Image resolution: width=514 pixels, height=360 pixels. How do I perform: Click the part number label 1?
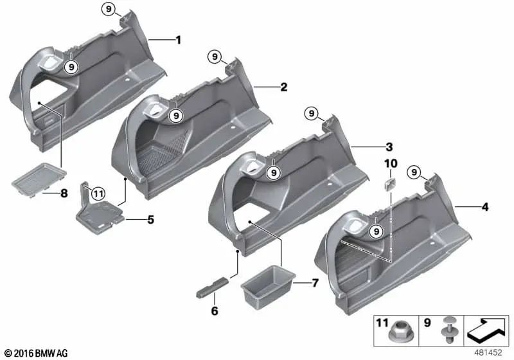178,40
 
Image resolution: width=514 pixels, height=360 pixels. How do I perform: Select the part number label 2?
283,86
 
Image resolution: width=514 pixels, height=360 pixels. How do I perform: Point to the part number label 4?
485,207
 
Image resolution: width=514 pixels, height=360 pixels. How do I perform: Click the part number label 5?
150,220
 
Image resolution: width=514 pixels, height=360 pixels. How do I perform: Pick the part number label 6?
215,311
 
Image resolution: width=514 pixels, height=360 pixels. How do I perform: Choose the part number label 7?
314,282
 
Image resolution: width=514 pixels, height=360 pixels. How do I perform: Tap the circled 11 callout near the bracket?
97,192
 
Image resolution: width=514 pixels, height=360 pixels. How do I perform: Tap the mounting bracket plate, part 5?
100,212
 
